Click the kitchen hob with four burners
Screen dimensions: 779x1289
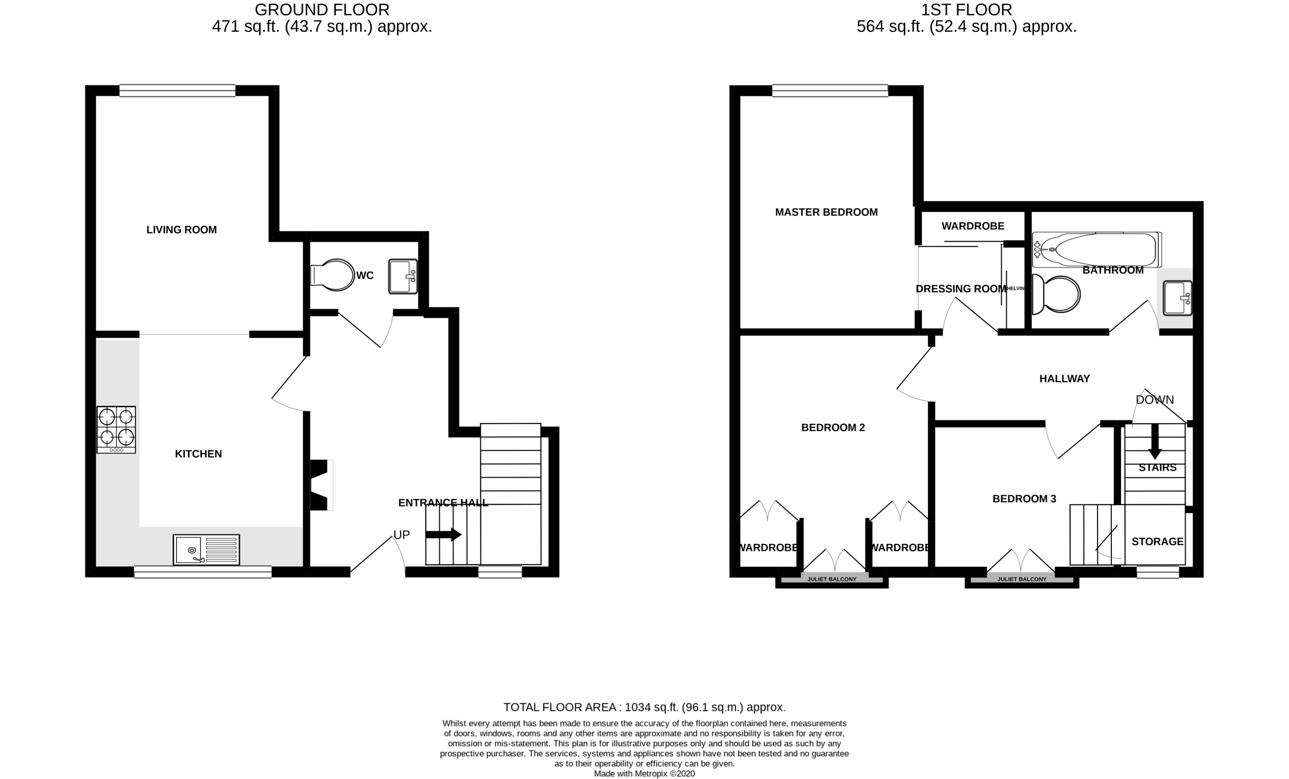tap(116, 429)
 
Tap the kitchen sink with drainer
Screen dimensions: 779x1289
tap(206, 550)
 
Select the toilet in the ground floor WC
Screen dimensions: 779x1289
tap(333, 275)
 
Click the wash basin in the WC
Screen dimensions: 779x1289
tap(403, 276)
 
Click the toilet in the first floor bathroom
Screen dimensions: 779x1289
tap(1056, 295)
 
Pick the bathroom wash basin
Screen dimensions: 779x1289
tap(1177, 298)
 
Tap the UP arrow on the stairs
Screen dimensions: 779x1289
tap(443, 534)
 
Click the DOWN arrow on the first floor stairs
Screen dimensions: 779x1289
tap(1155, 442)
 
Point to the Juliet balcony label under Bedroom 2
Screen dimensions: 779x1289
tap(832, 579)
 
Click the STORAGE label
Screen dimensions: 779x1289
tap(1157, 542)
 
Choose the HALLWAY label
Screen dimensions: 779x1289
tap(1064, 378)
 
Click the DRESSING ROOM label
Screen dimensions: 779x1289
tap(960, 289)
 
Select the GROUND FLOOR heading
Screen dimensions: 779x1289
tap(322, 10)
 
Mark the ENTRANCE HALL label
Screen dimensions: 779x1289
tap(443, 503)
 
